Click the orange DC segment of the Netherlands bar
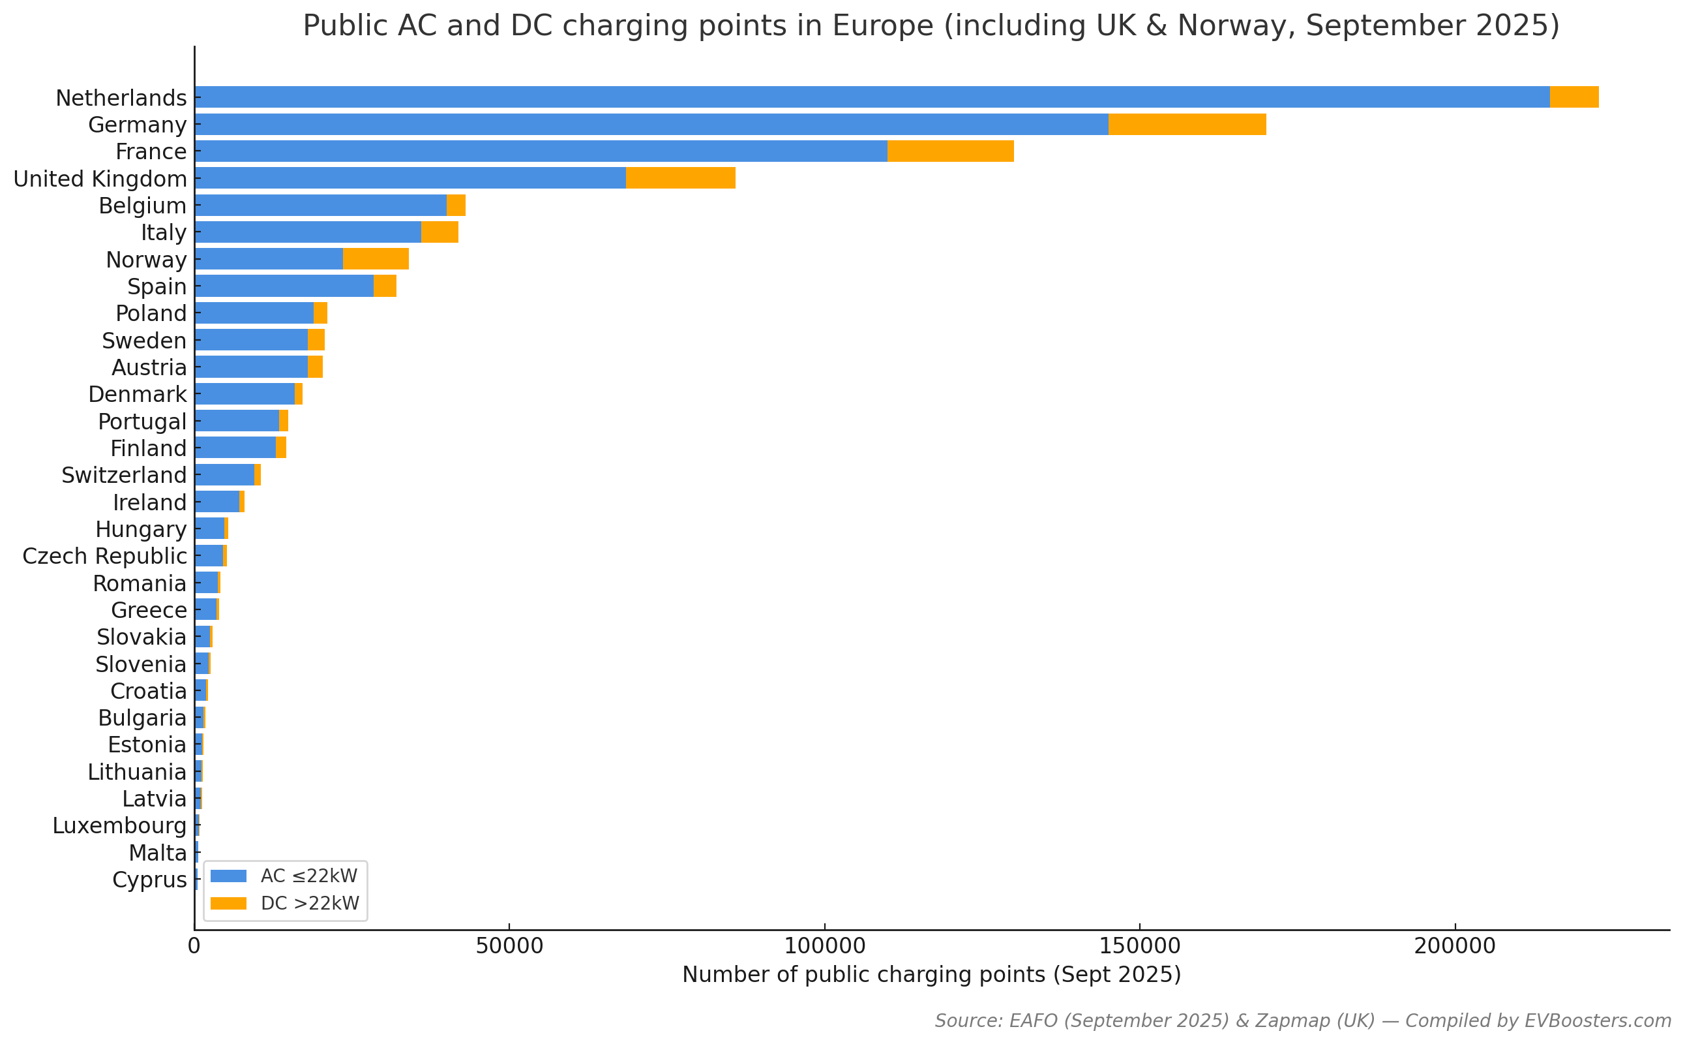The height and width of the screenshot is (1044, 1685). tap(1573, 97)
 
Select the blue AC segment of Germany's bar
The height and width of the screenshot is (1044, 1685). tap(651, 124)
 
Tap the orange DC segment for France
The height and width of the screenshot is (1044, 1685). tap(949, 151)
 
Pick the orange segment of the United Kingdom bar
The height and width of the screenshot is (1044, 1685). tap(679, 178)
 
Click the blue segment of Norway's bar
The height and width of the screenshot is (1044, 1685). tap(269, 259)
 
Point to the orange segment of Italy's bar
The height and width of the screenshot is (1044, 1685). tap(440, 232)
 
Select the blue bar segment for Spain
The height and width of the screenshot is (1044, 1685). tap(284, 286)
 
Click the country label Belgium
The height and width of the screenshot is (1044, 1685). tap(142, 206)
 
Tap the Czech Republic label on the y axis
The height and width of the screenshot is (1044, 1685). tap(104, 556)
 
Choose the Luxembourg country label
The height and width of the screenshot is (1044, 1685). tap(119, 825)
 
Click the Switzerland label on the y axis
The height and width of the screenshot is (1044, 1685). tap(123, 475)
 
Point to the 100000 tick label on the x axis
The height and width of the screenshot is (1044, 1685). tap(824, 946)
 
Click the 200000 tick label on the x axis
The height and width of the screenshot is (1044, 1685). tap(1455, 946)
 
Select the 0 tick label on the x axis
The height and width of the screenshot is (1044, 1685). tap(194, 946)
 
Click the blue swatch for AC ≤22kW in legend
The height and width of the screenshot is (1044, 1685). tap(228, 876)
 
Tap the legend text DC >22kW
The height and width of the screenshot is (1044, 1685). tap(310, 903)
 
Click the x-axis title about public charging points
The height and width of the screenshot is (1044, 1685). tap(932, 974)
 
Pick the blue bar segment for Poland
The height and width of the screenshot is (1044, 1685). tap(254, 313)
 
